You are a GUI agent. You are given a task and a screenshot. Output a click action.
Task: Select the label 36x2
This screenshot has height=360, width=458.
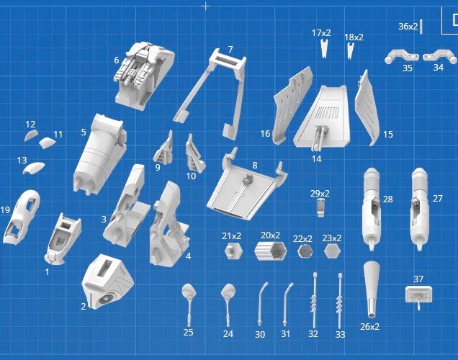click(408, 27)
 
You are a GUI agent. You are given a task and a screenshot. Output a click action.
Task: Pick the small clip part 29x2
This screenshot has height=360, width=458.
click(320, 208)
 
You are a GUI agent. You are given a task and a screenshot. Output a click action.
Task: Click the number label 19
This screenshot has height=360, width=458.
click(6, 210)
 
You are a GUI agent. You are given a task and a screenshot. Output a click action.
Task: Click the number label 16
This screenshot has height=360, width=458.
click(265, 133)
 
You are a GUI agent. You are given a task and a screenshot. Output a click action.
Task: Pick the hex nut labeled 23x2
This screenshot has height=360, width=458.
click(332, 251)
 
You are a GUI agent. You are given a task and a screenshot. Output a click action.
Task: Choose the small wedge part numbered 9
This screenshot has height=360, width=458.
click(163, 148)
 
